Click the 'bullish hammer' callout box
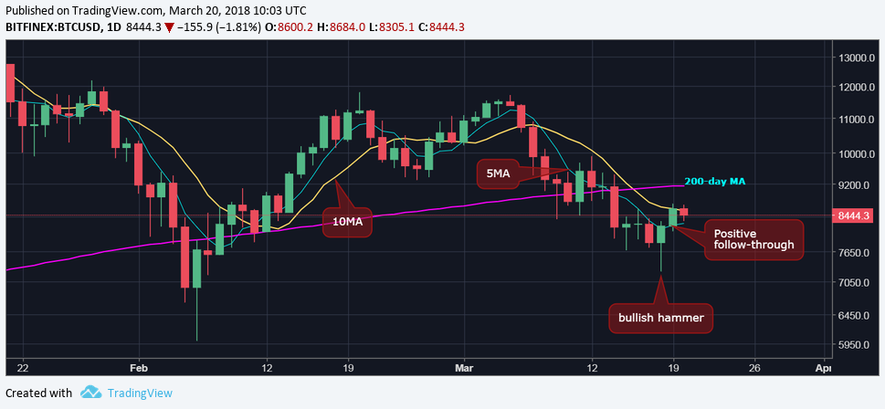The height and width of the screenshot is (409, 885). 661,319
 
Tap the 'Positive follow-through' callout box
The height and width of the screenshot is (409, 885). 753,239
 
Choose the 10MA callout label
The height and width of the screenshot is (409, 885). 347,222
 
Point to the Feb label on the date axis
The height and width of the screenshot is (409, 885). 139,368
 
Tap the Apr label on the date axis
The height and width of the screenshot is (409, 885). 822,368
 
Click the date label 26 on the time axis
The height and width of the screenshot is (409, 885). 754,368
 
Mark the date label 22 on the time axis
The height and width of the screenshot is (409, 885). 23,368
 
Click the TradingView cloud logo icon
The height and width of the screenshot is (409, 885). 90,393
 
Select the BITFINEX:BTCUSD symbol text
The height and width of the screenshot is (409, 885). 55,26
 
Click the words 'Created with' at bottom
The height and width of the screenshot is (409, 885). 38,393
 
